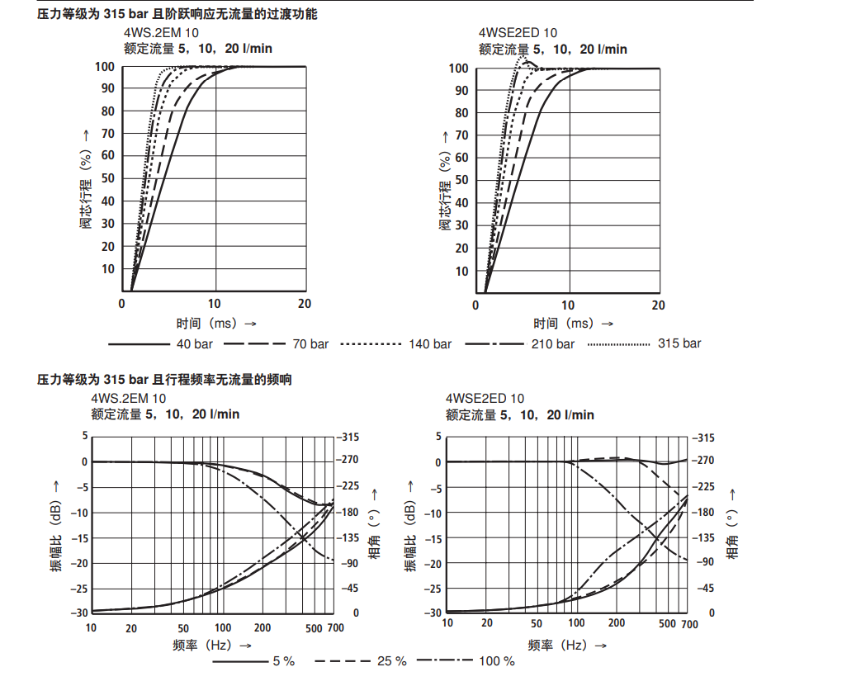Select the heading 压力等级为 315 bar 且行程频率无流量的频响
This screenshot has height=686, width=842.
pos(164,380)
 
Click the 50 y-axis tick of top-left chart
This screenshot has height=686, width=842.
pos(108,178)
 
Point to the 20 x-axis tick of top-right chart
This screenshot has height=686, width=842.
pos(658,305)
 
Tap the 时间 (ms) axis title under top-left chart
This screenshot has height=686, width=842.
pos(215,324)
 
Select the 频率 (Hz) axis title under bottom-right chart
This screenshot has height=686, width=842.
pos(567,645)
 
